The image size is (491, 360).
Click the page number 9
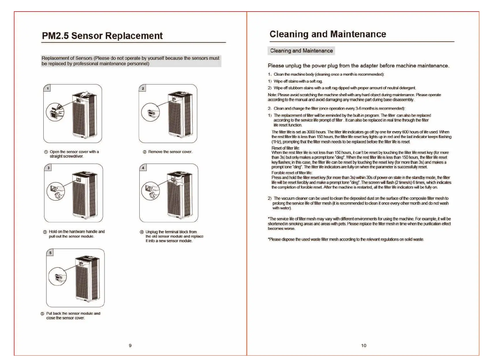pyautogui.click(x=130, y=346)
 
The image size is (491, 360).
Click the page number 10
pyautogui.click(x=364, y=346)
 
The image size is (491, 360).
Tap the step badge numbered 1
pyautogui.click(x=48, y=88)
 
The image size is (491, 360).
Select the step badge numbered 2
pyautogui.click(x=143, y=88)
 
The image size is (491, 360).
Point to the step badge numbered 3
pyautogui.click(x=48, y=168)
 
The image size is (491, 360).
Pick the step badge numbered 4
pyautogui.click(x=143, y=168)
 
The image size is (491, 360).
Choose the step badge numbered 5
pyautogui.click(x=50, y=253)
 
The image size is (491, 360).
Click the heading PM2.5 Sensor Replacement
pyautogui.click(x=102, y=36)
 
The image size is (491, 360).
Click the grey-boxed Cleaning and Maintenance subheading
pyautogui.click(x=301, y=51)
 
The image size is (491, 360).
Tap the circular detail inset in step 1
pyautogui.click(x=55, y=112)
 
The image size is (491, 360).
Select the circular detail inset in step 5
pyautogui.click(x=58, y=277)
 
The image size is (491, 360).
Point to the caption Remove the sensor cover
pyautogui.click(x=170, y=152)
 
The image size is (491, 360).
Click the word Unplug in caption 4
pyautogui.click(x=152, y=232)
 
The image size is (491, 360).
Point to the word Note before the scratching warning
pyautogui.click(x=272, y=95)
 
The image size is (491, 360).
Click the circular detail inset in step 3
pyautogui.click(x=56, y=191)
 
